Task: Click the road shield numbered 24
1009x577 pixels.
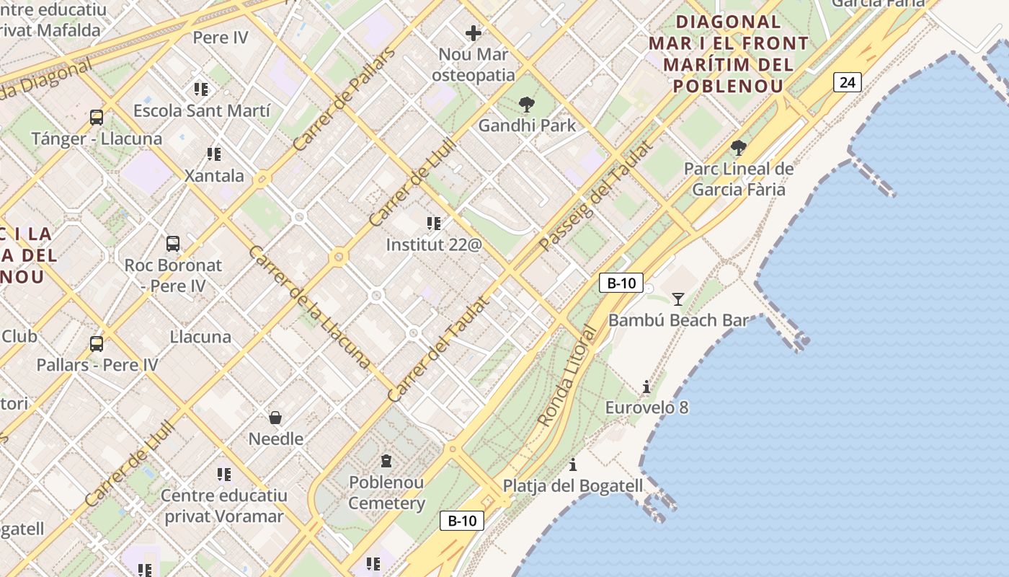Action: [848, 82]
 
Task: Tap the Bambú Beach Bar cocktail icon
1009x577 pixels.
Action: [677, 299]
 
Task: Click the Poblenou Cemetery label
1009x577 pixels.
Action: [387, 493]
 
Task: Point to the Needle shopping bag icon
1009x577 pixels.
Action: [275, 418]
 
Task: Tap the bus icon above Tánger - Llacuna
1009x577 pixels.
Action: [97, 117]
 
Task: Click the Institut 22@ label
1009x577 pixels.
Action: [433, 245]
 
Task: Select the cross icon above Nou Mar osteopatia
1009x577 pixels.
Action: [474, 33]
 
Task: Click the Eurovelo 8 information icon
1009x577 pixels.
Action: [646, 387]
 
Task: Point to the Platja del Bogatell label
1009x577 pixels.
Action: [573, 486]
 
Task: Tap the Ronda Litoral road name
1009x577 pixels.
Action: [568, 376]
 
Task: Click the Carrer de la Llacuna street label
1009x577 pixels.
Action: [309, 307]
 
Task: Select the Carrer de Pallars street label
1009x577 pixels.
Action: [345, 100]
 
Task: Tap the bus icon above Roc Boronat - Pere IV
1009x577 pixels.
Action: [173, 244]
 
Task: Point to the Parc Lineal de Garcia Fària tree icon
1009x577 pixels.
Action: [738, 149]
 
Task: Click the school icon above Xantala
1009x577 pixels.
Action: [213, 154]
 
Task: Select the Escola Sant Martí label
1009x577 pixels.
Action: [202, 111]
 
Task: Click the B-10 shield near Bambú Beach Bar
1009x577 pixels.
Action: [621, 283]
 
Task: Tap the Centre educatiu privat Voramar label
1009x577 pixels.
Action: [224, 506]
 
